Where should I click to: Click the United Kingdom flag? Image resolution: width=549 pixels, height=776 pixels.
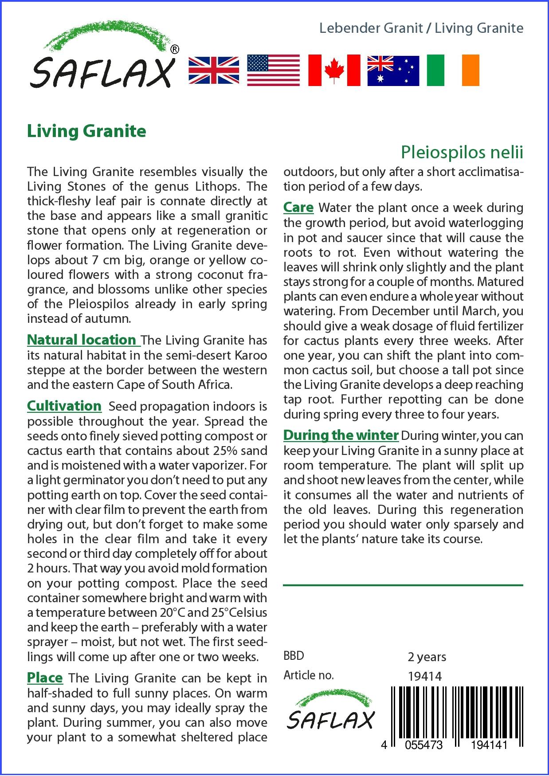(214, 71)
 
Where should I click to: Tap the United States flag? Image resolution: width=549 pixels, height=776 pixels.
(273, 71)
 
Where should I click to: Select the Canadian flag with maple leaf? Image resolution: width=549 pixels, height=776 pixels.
(334, 71)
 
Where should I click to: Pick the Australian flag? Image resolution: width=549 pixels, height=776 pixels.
(393, 71)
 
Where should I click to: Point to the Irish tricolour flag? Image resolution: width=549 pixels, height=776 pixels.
(453, 71)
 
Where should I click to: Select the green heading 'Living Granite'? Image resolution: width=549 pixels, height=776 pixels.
(86, 131)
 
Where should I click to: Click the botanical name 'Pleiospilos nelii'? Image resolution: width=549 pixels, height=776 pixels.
(462, 152)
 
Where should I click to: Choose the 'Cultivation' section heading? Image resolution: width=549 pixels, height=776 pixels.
(64, 406)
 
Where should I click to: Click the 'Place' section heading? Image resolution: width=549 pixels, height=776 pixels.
(45, 678)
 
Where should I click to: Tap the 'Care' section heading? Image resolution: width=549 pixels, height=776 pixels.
(298, 207)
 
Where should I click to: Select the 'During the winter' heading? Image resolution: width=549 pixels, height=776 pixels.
(341, 435)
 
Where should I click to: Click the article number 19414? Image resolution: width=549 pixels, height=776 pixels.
(424, 676)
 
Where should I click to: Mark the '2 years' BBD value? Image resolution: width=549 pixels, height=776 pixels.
(427, 657)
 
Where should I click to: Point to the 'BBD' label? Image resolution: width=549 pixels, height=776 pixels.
(294, 656)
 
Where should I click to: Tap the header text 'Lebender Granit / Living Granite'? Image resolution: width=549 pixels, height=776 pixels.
(421, 28)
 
